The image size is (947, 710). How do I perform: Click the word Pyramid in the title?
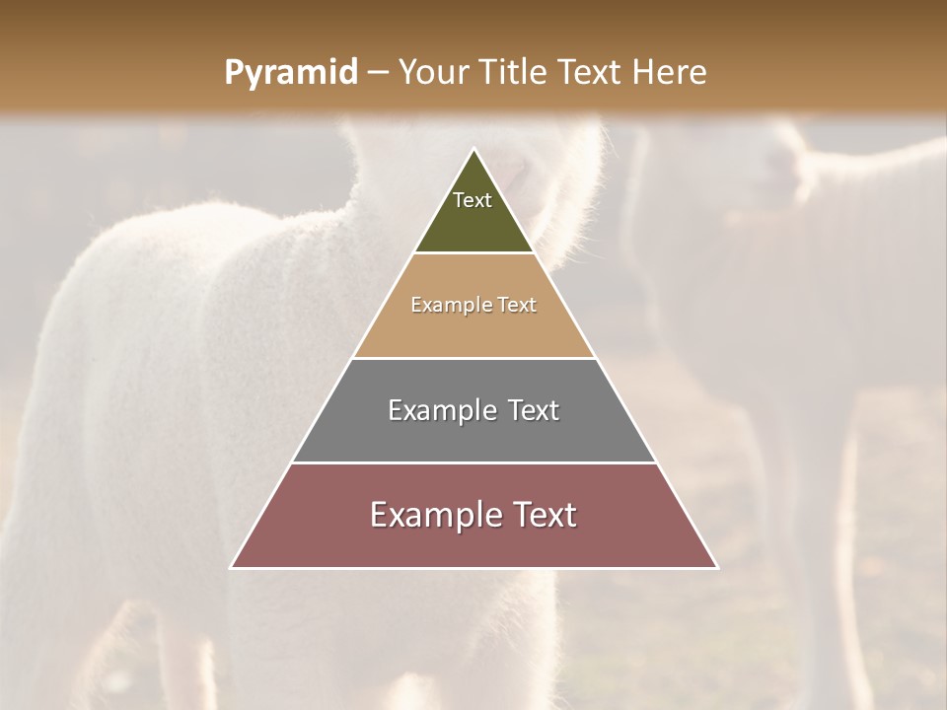(x=290, y=73)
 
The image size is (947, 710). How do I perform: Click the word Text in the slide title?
(x=590, y=73)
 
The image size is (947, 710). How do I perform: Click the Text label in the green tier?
(x=473, y=200)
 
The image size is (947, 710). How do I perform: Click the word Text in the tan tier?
(x=517, y=305)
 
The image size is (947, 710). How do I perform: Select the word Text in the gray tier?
(x=534, y=410)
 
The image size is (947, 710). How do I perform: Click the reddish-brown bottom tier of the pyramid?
(x=473, y=542)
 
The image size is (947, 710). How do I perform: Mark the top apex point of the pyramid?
(x=473, y=150)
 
